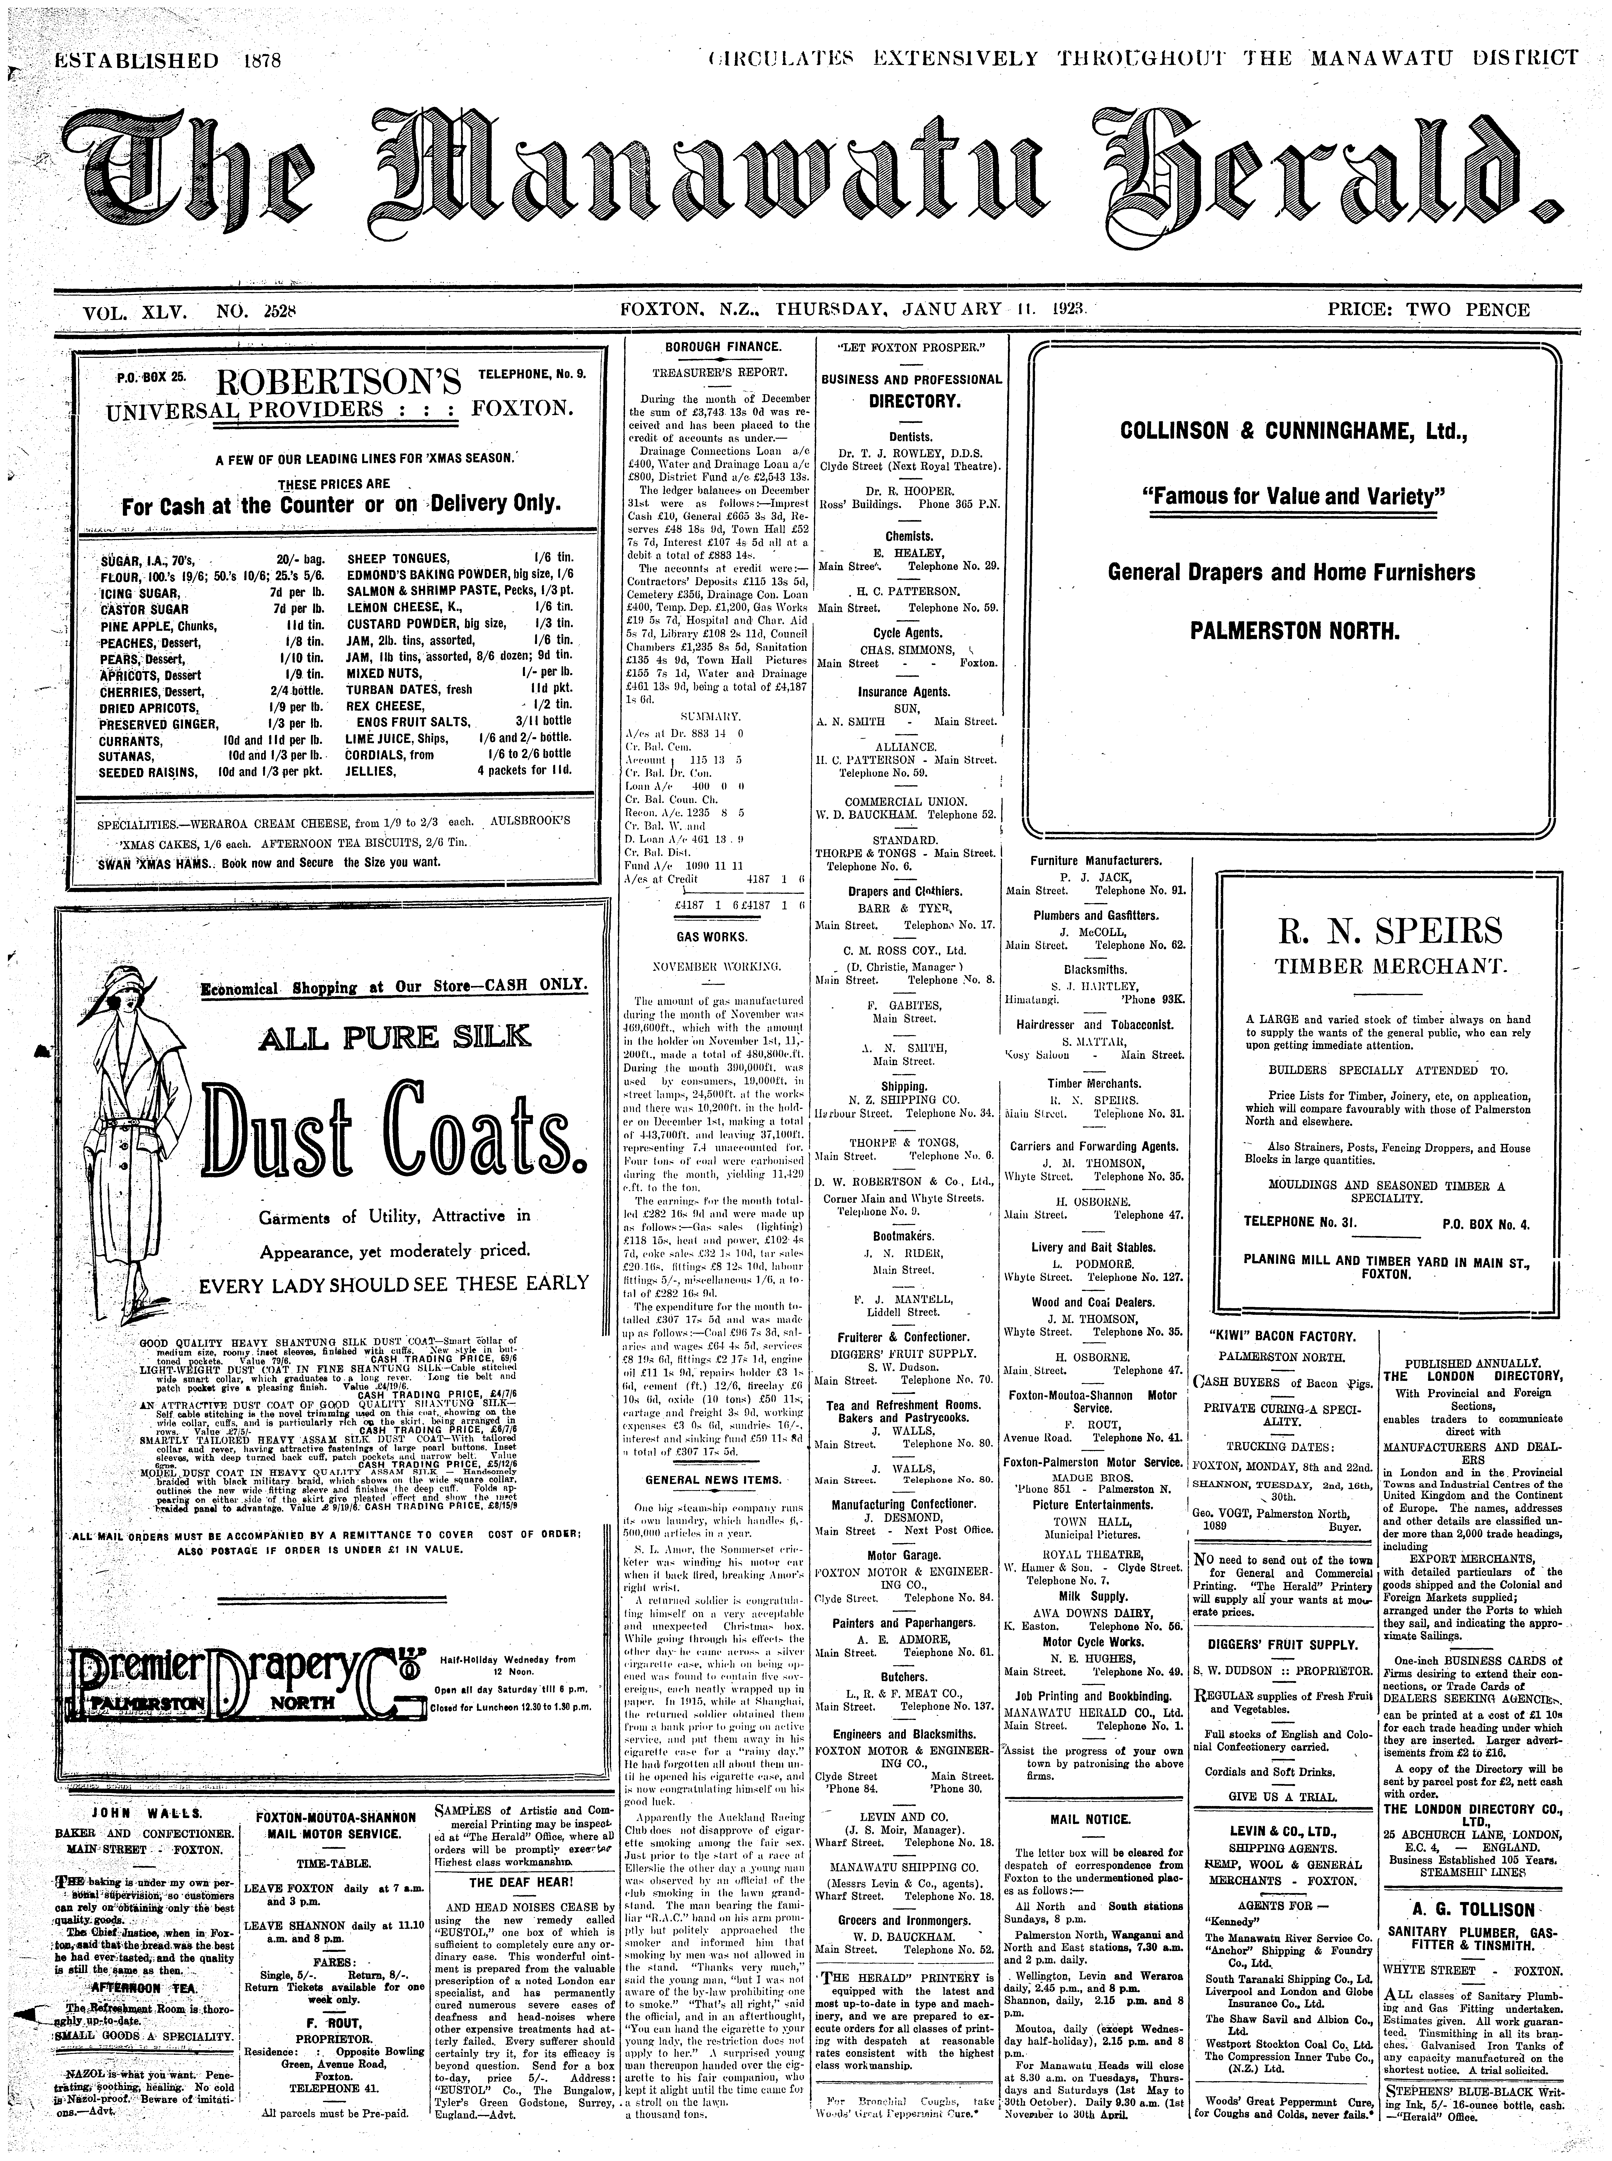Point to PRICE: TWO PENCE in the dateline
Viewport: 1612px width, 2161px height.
click(x=1427, y=310)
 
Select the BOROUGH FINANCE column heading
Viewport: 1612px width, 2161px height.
click(x=723, y=347)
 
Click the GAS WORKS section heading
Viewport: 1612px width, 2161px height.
click(x=711, y=937)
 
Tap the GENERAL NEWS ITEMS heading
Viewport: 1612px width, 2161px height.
click(x=713, y=1479)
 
